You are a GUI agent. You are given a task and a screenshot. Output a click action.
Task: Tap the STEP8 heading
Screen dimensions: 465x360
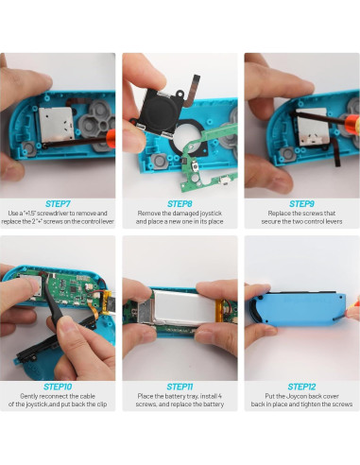click(180, 203)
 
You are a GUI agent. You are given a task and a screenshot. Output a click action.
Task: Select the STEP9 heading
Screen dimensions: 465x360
click(301, 203)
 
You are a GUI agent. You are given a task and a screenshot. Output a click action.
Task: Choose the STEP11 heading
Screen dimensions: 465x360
click(180, 387)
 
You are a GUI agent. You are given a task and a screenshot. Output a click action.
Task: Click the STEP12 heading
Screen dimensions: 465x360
click(301, 387)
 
